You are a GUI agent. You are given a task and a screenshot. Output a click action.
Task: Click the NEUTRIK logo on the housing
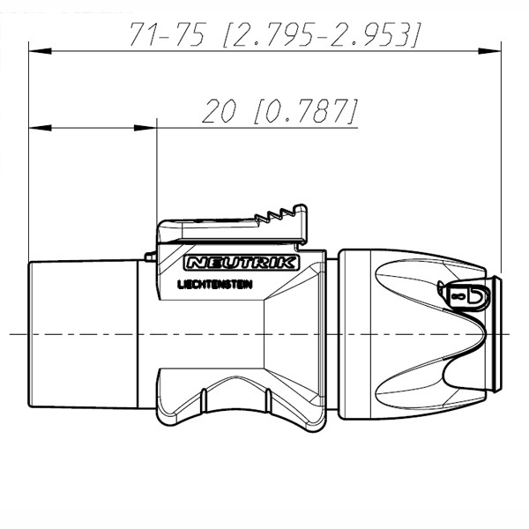coord(242,263)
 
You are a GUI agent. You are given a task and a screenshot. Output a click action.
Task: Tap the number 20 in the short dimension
coord(216,111)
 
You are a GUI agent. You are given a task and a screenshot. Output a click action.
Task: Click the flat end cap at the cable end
coord(495,335)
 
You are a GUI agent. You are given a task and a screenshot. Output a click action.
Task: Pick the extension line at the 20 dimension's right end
coord(156,176)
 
